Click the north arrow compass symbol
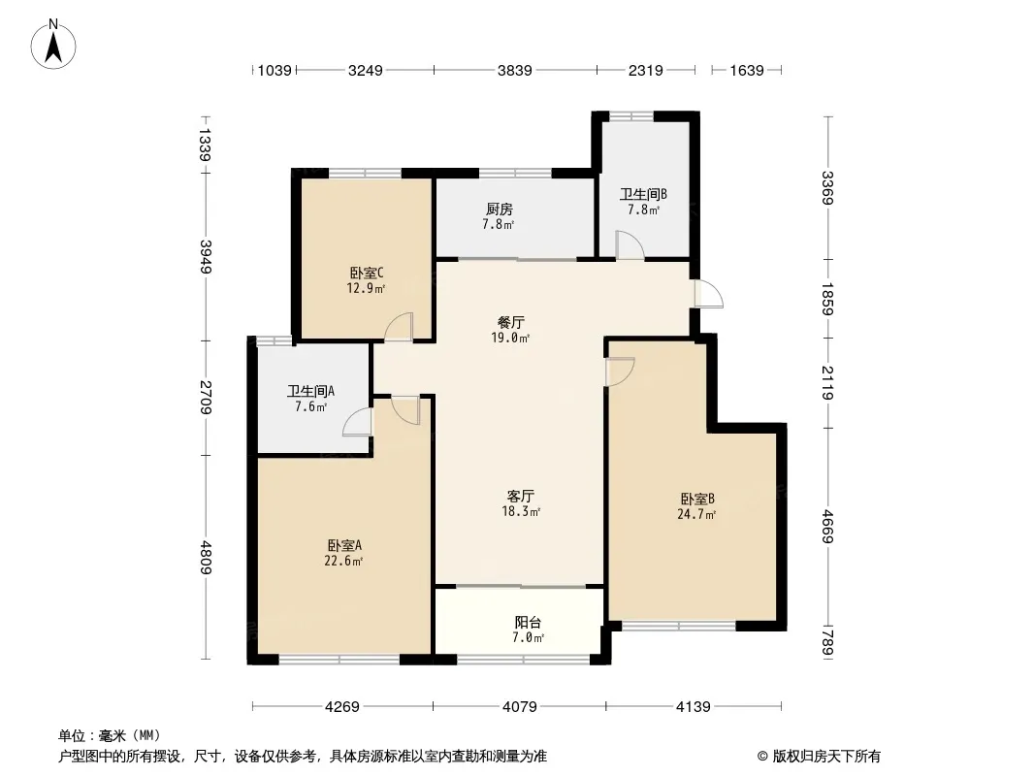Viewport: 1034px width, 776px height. pos(53,45)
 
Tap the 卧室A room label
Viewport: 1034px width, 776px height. pos(344,546)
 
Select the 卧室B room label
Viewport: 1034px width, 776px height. pos(697,500)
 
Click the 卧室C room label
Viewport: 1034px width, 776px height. pos(367,273)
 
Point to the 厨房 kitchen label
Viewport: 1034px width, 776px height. pos(500,209)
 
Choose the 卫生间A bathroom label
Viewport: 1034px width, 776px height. pos(310,391)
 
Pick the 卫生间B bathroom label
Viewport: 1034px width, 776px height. pos(643,195)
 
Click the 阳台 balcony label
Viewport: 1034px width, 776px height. pos(529,623)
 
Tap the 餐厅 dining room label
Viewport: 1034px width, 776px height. pos(511,322)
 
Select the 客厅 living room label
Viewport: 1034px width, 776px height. pos(520,496)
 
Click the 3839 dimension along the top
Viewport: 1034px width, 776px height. pos(514,70)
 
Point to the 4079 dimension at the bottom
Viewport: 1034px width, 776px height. pos(520,707)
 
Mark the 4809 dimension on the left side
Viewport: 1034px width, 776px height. pos(207,557)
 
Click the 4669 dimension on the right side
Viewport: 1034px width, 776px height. pos(828,527)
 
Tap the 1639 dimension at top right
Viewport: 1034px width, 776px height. pos(747,70)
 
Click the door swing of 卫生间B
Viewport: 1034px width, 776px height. pos(630,244)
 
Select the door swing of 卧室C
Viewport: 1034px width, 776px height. pos(399,326)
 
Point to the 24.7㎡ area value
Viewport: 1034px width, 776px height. pos(696,515)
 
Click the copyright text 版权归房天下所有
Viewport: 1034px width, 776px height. pos(826,757)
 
